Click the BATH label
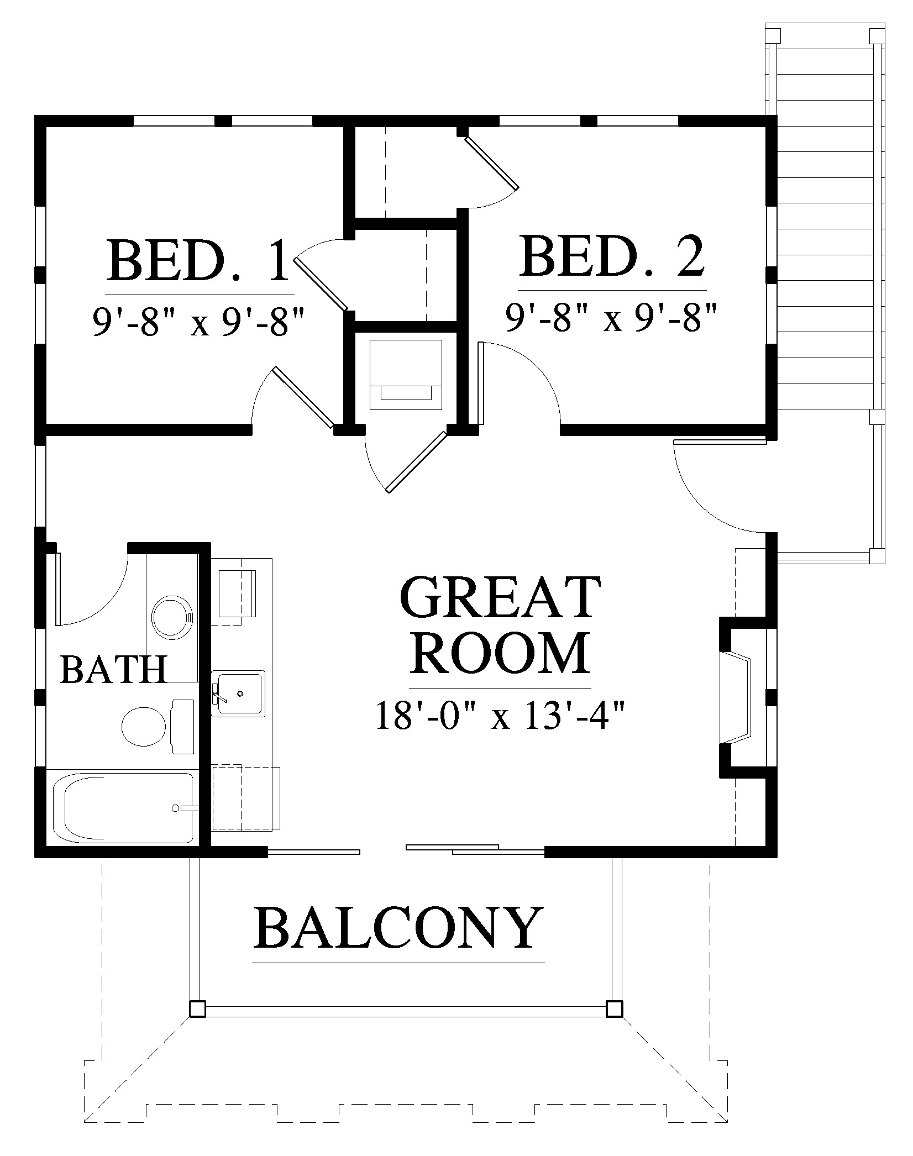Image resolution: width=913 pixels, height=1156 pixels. coord(113,669)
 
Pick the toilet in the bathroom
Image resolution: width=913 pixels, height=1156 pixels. coord(158,726)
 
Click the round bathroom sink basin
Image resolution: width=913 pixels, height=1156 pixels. coord(172,616)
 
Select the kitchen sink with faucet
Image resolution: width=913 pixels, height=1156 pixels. coord(239,693)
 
